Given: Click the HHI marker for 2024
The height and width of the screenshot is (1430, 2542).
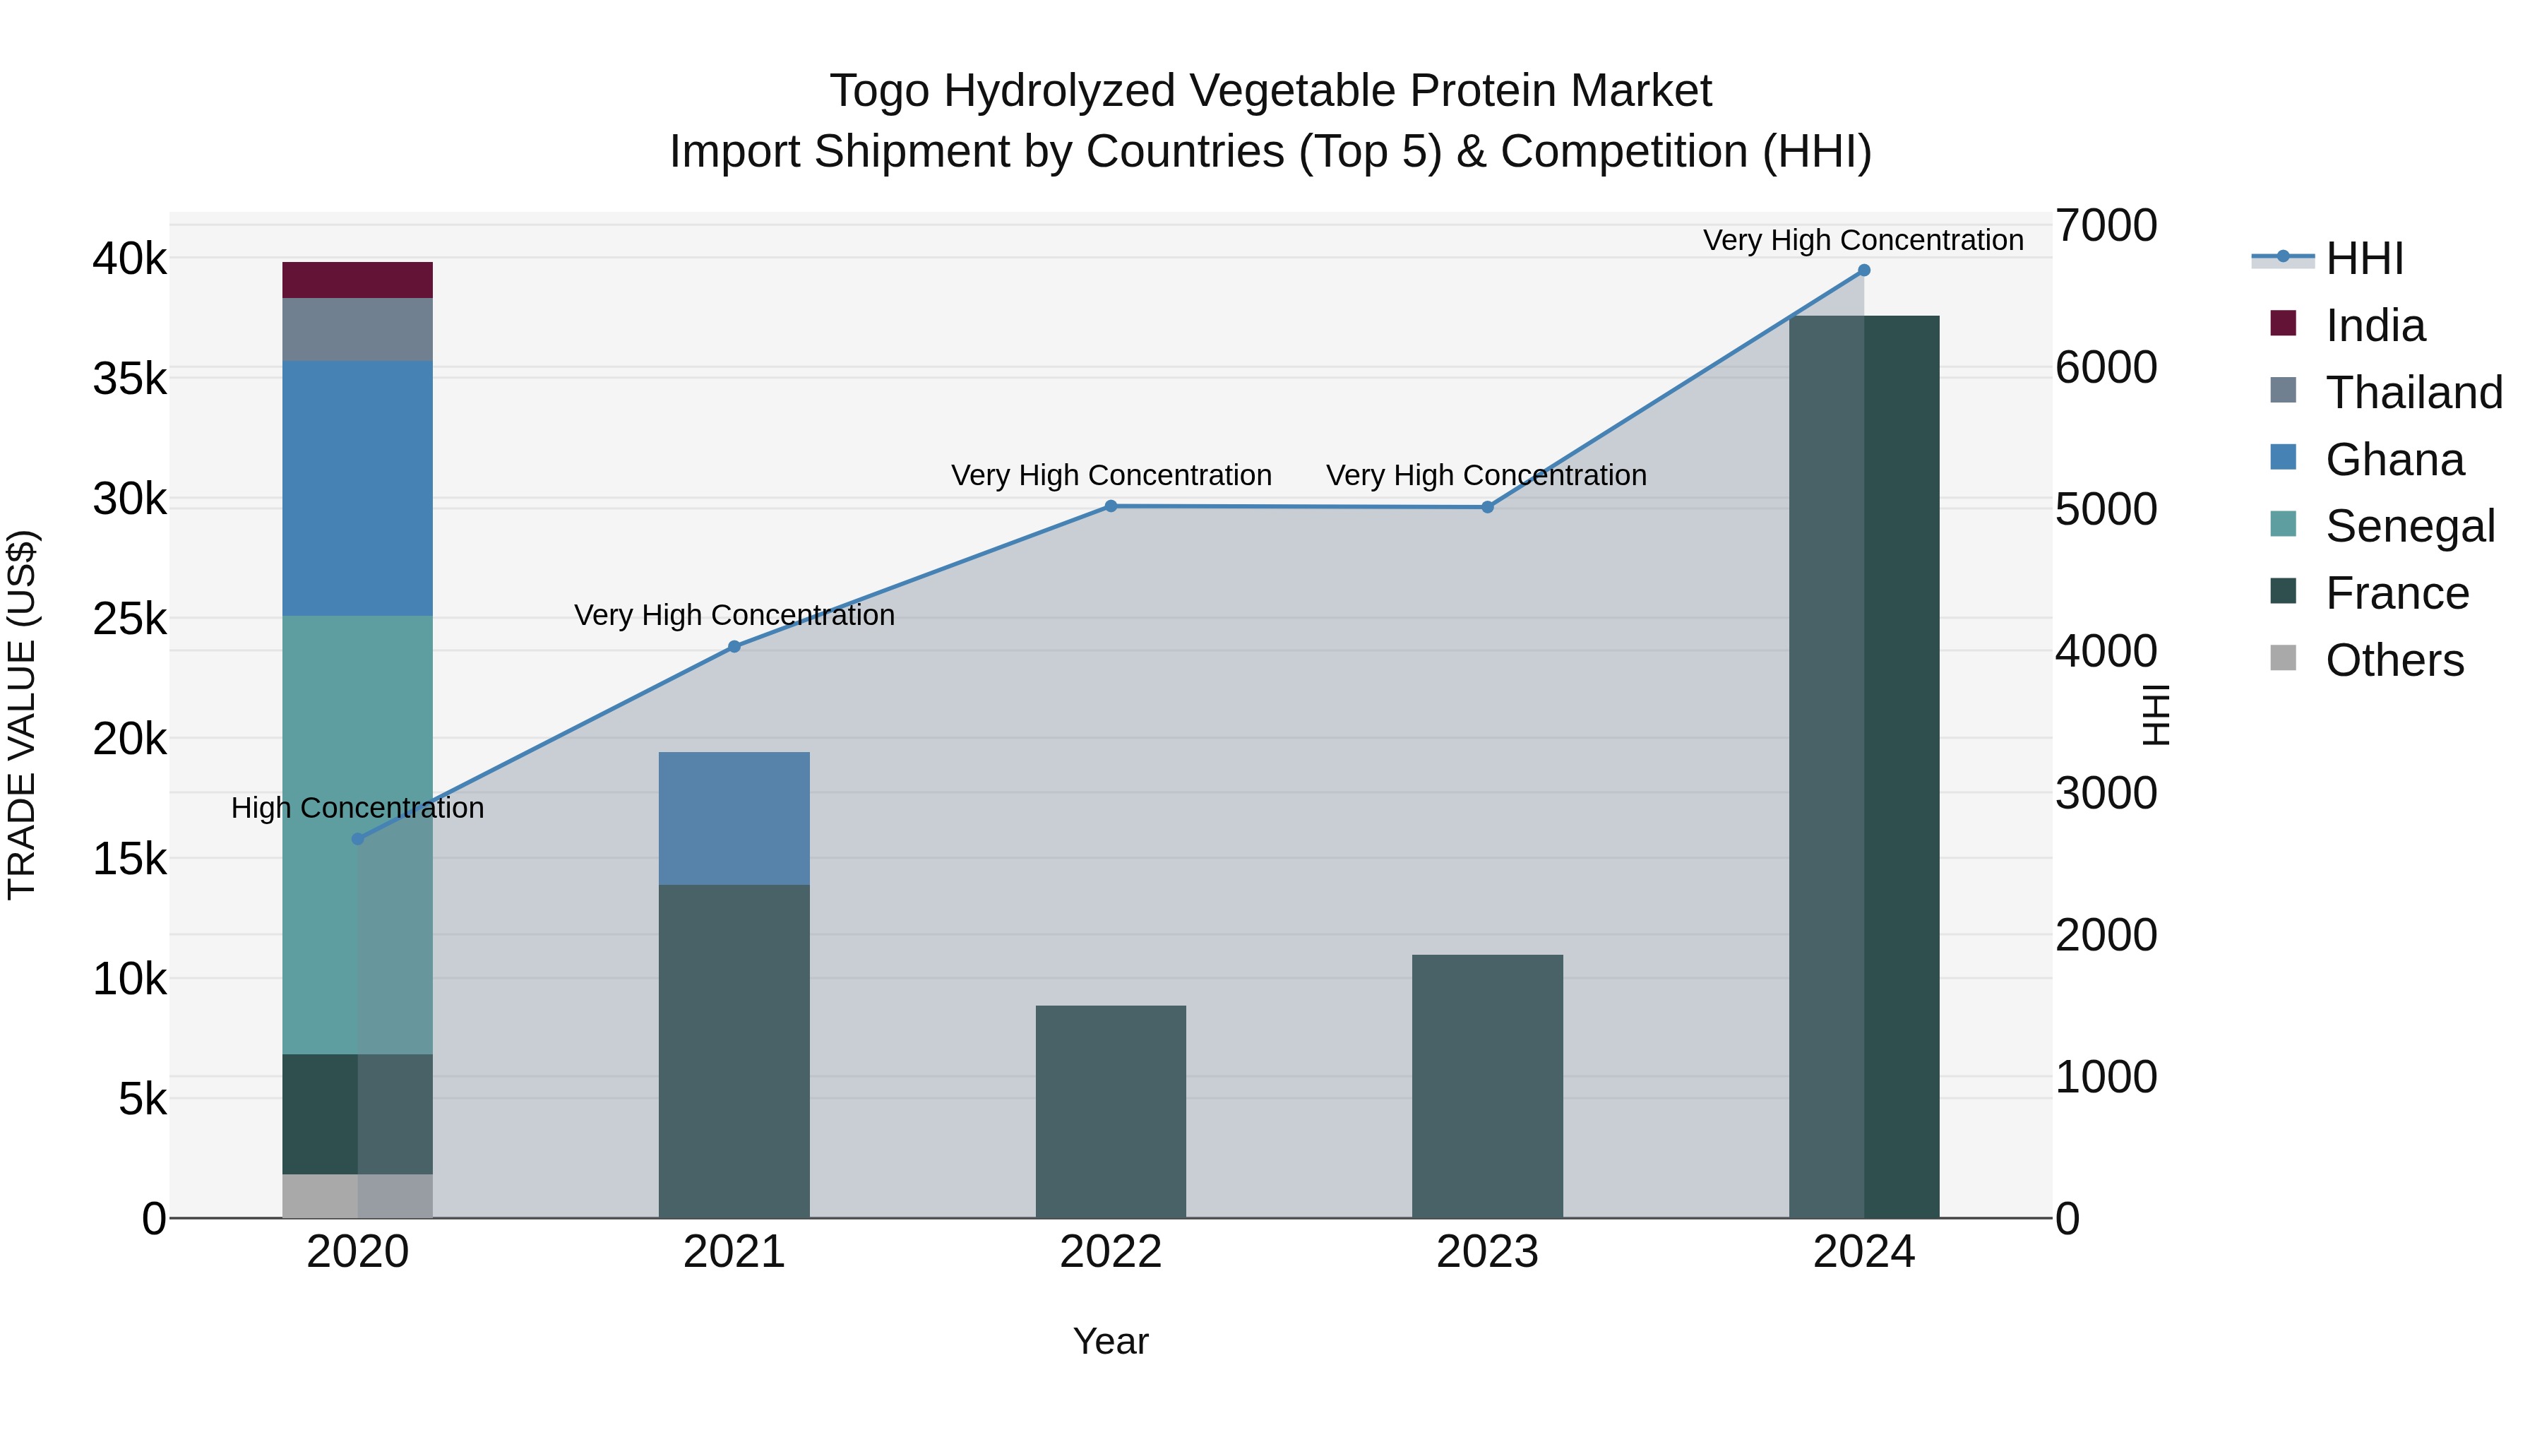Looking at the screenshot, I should coord(1863,270).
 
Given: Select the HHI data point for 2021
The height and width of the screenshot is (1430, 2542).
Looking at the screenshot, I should coord(734,646).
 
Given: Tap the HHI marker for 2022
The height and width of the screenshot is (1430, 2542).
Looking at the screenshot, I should coord(1110,506).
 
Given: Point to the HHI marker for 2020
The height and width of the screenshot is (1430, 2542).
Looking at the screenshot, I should coord(357,839).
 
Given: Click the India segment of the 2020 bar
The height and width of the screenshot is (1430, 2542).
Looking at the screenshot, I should coord(357,280).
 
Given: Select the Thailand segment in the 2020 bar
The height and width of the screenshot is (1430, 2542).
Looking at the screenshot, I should coord(357,330).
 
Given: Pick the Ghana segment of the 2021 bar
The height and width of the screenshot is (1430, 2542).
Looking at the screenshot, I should coord(734,818).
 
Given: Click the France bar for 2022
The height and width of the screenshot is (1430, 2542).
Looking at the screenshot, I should coord(1110,1112).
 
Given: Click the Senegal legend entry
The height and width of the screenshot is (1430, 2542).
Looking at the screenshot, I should coord(2408,526).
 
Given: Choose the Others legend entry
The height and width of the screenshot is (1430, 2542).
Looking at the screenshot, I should coord(2393,660).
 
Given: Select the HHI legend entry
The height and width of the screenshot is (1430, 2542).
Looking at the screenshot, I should coord(2363,258).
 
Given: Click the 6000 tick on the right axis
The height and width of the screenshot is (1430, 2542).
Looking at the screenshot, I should coord(2106,367).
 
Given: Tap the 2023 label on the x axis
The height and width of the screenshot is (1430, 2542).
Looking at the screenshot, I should coord(1487,1252).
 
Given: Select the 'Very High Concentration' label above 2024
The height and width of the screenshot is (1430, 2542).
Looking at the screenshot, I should coord(1863,240).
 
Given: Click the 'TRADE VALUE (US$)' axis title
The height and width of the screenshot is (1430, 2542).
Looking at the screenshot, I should coord(22,715).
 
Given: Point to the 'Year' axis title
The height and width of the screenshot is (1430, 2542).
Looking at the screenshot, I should coord(1110,1341).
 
